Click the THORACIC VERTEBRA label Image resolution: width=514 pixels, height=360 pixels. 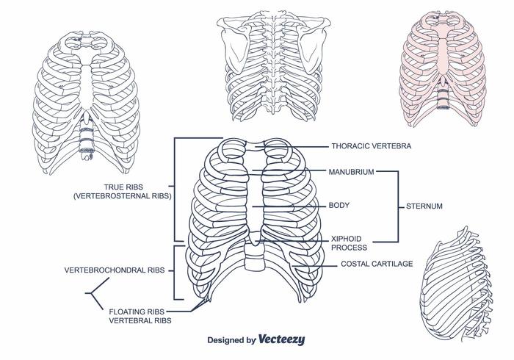pyautogui.click(x=371, y=146)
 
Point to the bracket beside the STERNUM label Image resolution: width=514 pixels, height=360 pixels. pyautogui.click(x=397, y=206)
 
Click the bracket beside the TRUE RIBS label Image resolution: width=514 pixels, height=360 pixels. pyautogui.click(x=174, y=189)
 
